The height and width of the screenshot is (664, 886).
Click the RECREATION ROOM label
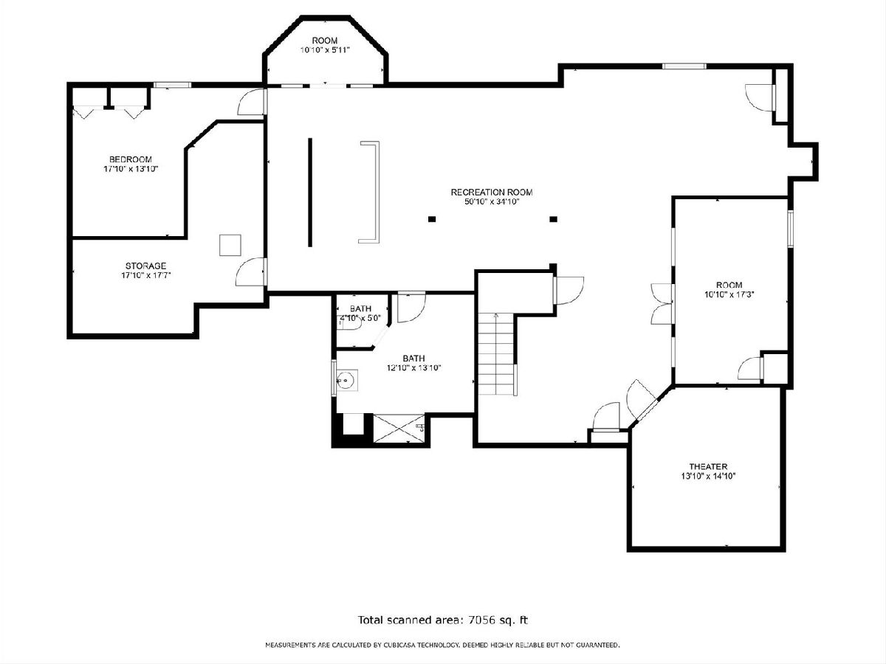(491, 193)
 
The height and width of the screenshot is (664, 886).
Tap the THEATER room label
(708, 466)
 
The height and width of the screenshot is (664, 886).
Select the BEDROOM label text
(131, 159)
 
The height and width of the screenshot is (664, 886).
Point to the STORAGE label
(145, 266)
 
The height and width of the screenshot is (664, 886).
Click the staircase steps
(495, 355)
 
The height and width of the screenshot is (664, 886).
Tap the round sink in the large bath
(346, 379)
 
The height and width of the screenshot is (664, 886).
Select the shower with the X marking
(399, 430)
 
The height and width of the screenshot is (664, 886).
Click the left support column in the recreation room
(432, 219)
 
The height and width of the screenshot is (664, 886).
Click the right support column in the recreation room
(554, 219)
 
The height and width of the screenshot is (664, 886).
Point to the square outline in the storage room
(230, 245)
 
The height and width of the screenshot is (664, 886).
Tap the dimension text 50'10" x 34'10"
(492, 202)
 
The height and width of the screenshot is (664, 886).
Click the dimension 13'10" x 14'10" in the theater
(708, 476)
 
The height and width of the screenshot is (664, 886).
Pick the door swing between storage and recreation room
(250, 272)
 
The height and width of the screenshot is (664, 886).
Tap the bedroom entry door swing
(251, 102)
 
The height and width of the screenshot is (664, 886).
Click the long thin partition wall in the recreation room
(310, 193)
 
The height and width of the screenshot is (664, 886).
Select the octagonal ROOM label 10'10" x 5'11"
(325, 45)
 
